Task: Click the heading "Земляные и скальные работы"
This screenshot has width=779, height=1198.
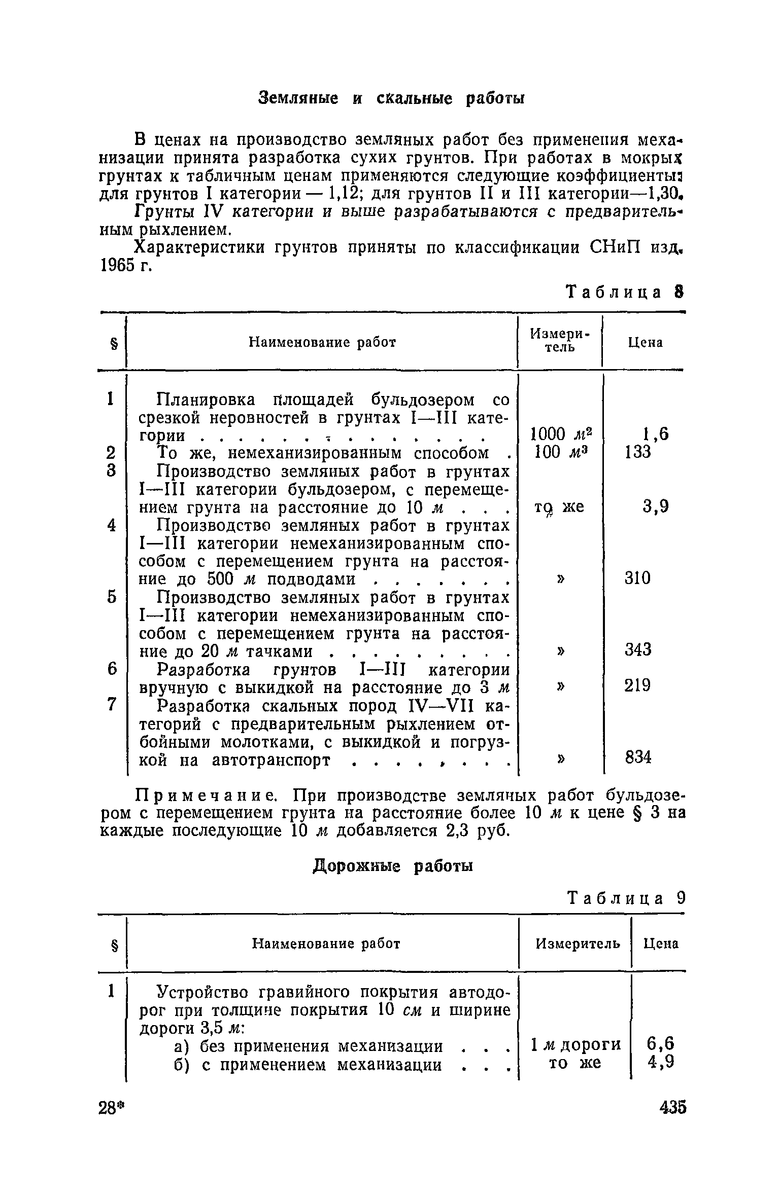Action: pyautogui.click(x=391, y=99)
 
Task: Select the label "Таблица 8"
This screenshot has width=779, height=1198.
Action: pyautogui.click(x=625, y=293)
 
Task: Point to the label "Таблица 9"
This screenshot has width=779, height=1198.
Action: pyautogui.click(x=626, y=898)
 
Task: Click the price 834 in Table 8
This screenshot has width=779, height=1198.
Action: pyautogui.click(x=638, y=758)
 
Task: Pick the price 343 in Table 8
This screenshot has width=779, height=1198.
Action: pyautogui.click(x=638, y=649)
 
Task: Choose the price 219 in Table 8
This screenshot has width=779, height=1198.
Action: pyautogui.click(x=638, y=685)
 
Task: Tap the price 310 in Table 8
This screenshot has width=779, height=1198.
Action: pyautogui.click(x=638, y=578)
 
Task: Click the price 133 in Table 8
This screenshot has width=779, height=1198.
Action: pyautogui.click(x=638, y=452)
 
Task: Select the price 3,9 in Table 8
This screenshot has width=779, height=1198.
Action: pyautogui.click(x=655, y=506)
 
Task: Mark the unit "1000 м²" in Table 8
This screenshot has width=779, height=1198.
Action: pyautogui.click(x=561, y=434)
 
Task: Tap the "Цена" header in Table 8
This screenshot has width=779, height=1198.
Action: pyautogui.click(x=646, y=343)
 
